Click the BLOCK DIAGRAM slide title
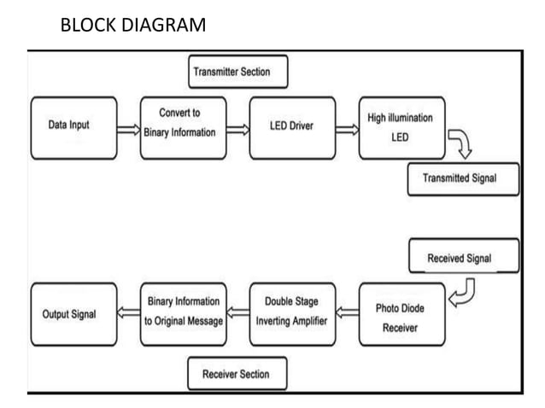pos(133,25)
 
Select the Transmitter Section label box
pos(237,73)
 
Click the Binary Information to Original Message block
pos(183,314)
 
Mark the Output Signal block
pos(73,314)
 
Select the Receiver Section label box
pos(237,374)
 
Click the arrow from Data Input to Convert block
pos(128,130)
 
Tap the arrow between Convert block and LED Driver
pos(237,130)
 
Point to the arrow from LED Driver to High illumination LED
pos(347,130)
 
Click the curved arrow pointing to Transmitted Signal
pos(461,145)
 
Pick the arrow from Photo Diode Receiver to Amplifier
pos(347,314)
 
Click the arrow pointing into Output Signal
pos(128,314)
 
